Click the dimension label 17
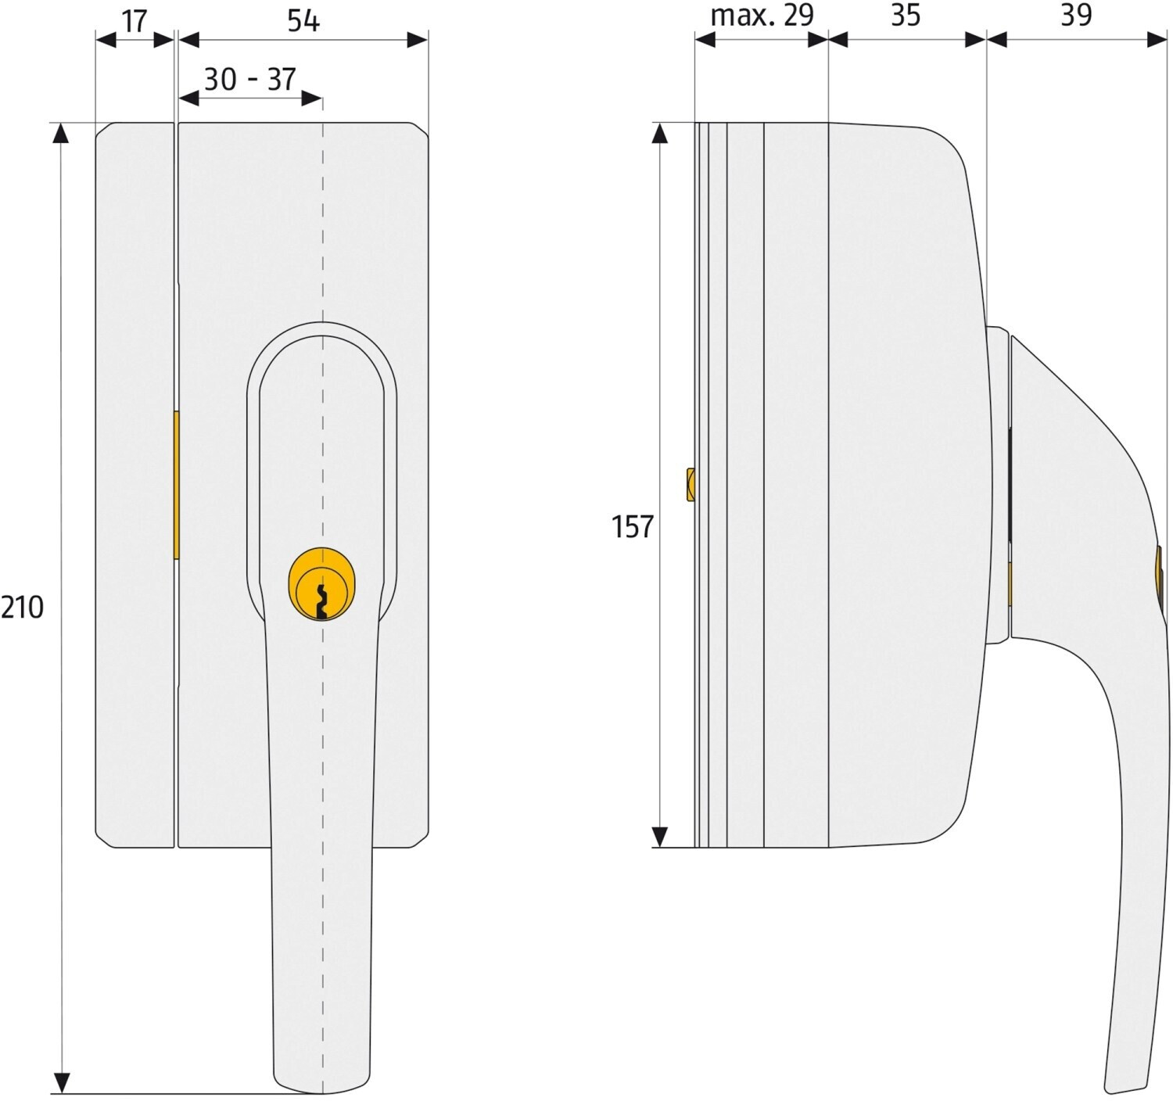135,22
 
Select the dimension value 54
303,21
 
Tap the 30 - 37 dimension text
249,79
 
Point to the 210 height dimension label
23,608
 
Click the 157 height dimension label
633,527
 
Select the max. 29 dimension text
762,16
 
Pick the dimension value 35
906,16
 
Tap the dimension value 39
1076,16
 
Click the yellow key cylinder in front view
322,584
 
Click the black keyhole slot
321,601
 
